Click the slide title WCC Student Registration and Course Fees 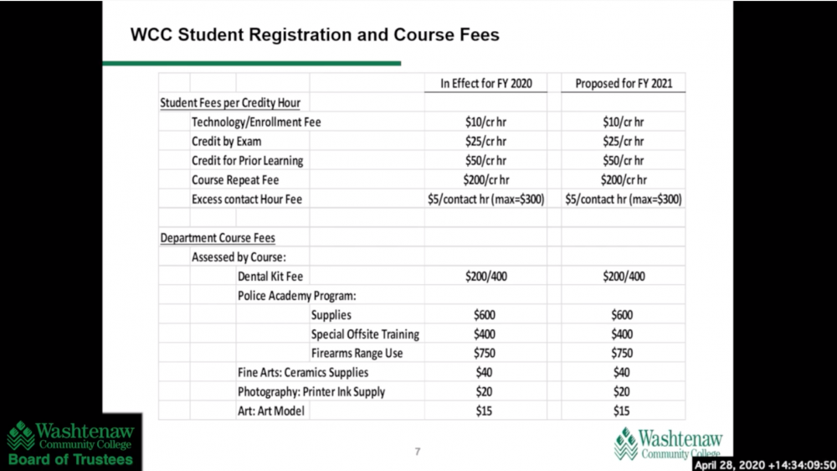[315, 35]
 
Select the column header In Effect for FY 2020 [486, 83]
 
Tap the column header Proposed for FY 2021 [624, 83]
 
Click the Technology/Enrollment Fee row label [256, 122]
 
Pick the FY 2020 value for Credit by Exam [486, 142]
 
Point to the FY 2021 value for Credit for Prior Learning [624, 161]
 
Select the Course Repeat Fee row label [235, 180]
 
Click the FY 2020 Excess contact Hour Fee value [486, 199]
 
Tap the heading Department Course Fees [218, 238]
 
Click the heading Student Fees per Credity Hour [230, 103]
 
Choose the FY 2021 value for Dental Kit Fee [624, 277]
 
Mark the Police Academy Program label [297, 296]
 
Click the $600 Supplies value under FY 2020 [486, 315]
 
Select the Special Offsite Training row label [365, 334]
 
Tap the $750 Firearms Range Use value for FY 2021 [624, 354]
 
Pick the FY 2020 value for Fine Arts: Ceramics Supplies [486, 373]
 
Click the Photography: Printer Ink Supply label [311, 392]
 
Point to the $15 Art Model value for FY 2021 [624, 411]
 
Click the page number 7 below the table [418, 453]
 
